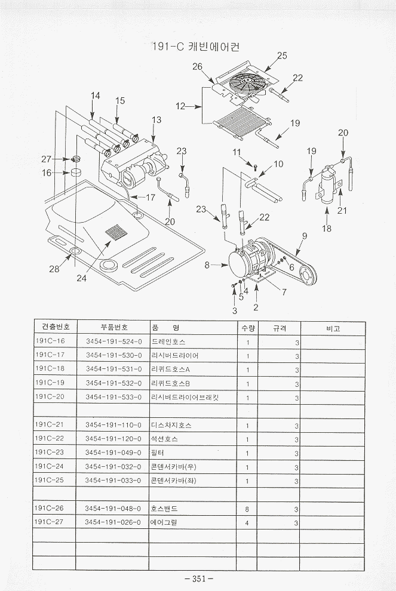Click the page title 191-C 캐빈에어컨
coord(197,46)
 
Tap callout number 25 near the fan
coord(282,56)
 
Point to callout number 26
coord(197,67)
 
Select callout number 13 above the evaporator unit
coord(156,120)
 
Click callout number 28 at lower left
coord(54,269)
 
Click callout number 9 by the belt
coord(304,236)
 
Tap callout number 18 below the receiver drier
coord(327,228)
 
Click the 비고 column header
coord(333,328)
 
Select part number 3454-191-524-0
coord(113,342)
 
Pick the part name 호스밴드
coord(165,509)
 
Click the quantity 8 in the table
coord(247,509)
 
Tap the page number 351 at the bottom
coord(199,578)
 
